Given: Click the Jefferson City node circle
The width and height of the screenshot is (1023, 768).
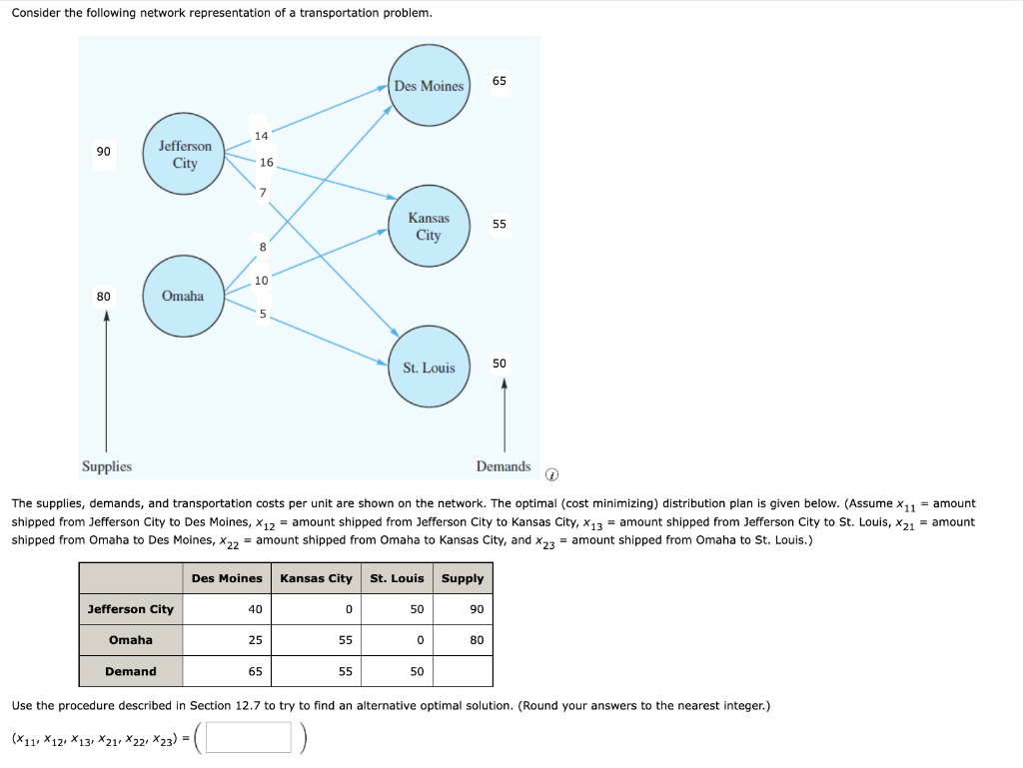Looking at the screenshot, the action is click(185, 155).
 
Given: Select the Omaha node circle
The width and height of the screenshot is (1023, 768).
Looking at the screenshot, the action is click(183, 296).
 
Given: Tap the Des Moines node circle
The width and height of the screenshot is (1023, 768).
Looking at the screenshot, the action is click(429, 86).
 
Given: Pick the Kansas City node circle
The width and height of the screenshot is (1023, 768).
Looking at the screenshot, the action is click(429, 227).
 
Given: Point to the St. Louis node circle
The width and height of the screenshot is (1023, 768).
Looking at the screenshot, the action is click(429, 368).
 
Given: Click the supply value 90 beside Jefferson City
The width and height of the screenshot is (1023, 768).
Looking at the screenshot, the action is click(104, 151).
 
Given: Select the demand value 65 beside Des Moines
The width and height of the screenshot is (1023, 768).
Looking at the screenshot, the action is click(500, 80).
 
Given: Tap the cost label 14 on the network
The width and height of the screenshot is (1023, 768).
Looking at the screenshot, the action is click(261, 136).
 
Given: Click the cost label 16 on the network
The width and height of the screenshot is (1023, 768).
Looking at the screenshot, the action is click(266, 162).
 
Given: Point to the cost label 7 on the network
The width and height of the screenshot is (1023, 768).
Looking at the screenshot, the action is click(263, 192).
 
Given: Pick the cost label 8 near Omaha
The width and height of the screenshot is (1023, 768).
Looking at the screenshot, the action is click(263, 246).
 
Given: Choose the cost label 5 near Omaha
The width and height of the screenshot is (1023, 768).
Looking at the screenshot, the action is click(263, 314).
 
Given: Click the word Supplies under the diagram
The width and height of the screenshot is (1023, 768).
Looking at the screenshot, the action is click(107, 466).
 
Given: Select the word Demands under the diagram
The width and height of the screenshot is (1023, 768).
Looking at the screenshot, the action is click(504, 466).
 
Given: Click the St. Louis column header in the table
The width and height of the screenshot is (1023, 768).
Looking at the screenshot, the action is click(397, 578).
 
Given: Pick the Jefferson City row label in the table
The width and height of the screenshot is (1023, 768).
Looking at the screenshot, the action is click(131, 609).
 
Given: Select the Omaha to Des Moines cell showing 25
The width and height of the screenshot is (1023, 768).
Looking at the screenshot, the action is click(256, 640).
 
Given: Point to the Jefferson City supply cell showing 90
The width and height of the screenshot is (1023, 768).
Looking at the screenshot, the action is click(477, 609).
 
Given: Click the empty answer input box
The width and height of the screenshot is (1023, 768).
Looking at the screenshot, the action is click(250, 738).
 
